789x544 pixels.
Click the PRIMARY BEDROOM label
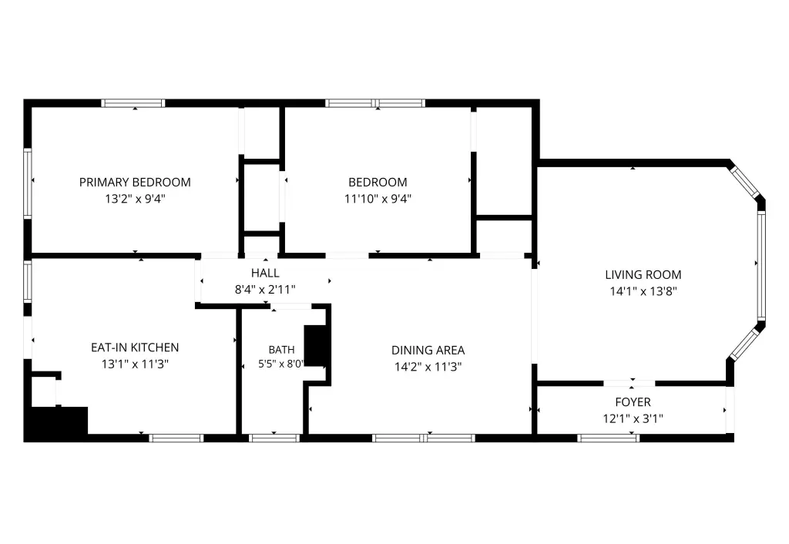(x=135, y=182)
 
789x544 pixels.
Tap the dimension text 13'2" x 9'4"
(x=135, y=199)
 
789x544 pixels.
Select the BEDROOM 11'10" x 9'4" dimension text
(x=378, y=199)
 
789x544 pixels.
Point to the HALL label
(x=265, y=274)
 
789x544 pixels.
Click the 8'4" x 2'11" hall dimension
(x=265, y=290)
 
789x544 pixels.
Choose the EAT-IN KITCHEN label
(x=135, y=348)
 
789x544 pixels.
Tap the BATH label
(x=282, y=350)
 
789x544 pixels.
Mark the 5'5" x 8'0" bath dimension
(x=281, y=364)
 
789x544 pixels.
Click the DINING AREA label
(x=428, y=351)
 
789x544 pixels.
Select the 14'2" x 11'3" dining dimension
(x=428, y=367)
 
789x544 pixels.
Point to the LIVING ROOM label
(x=643, y=275)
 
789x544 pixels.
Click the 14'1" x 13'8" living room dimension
(x=643, y=291)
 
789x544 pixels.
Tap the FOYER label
(x=633, y=402)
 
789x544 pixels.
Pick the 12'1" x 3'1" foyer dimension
(x=633, y=418)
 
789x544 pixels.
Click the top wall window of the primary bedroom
(x=133, y=103)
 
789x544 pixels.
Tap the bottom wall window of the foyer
(x=609, y=438)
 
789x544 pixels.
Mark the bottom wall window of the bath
(x=274, y=438)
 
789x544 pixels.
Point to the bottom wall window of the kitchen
(x=176, y=438)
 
